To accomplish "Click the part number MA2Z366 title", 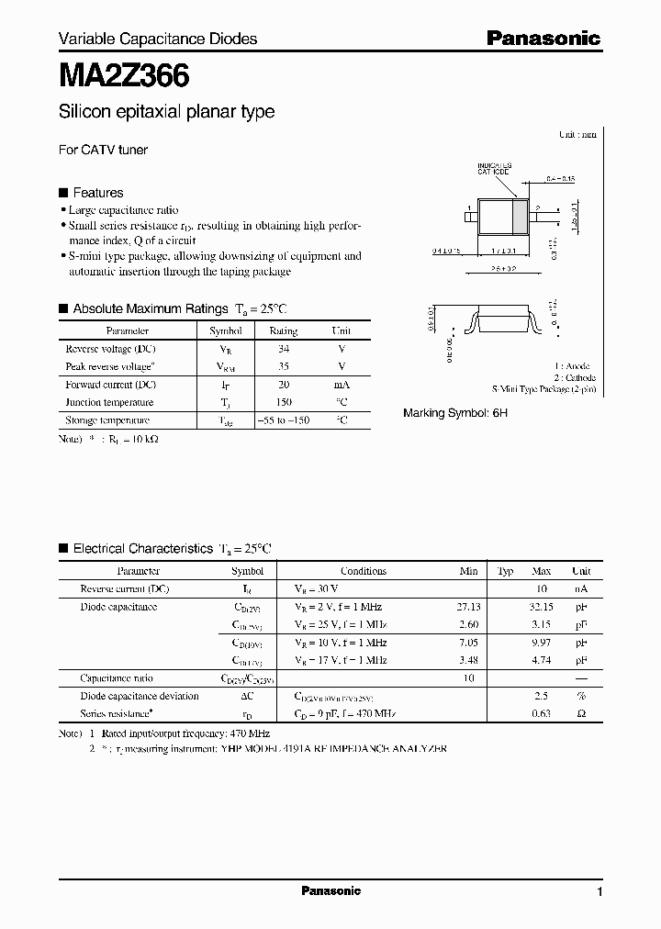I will pos(124,75).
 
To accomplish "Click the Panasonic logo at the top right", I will pos(543,39).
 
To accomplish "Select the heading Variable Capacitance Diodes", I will pos(158,39).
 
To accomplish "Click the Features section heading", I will pos(97,193).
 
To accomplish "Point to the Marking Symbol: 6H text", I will pos(455,413).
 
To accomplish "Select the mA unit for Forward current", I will pos(342,385).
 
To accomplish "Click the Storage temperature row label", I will pos(107,420).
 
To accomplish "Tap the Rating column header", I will pos(283,331).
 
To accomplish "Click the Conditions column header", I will pos(364,571).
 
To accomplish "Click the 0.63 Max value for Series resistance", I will pos(542,713).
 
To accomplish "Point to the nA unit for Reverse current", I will pos(581,588).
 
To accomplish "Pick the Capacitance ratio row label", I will pos(118,677).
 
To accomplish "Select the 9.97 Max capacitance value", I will pos(542,643).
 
